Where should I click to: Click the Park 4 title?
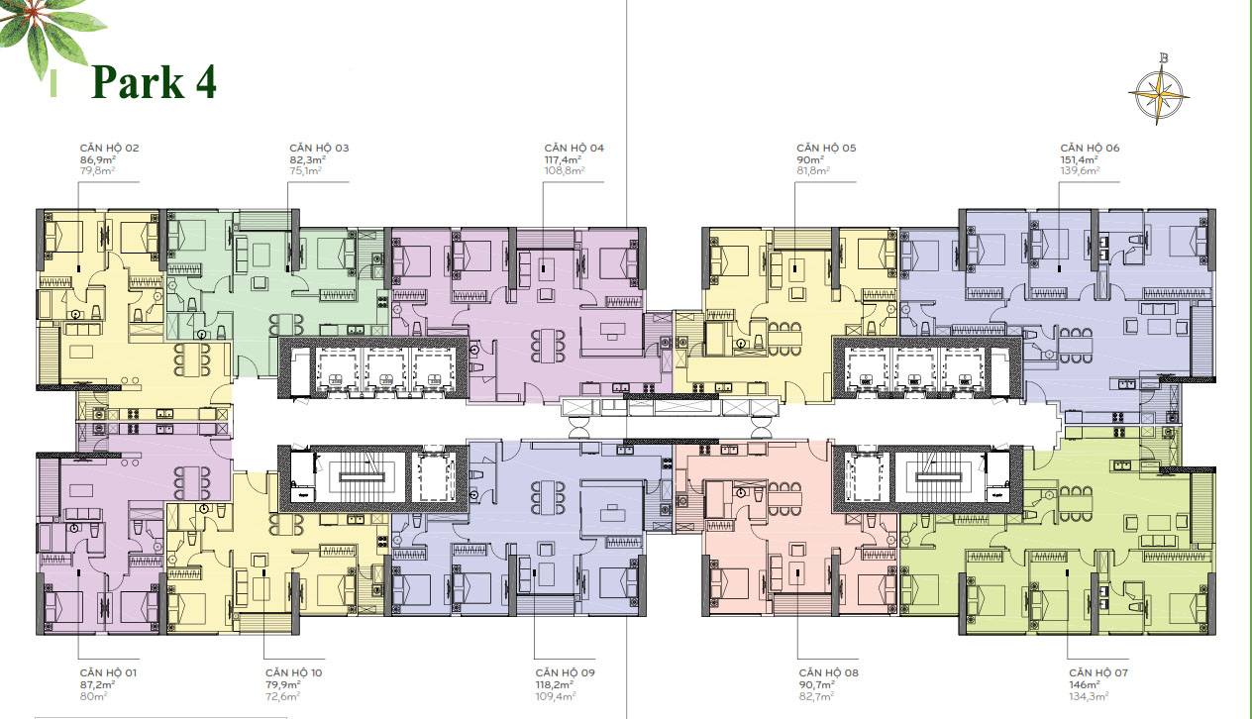click(154, 82)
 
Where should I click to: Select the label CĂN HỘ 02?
click(109, 148)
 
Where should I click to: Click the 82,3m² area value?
click(307, 159)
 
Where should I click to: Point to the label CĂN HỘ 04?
click(574, 148)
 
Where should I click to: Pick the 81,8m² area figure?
click(813, 171)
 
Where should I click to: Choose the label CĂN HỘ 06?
click(1090, 148)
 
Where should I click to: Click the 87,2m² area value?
click(97, 685)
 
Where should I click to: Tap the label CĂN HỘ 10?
click(293, 672)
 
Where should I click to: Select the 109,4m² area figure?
click(556, 696)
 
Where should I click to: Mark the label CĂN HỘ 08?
click(828, 672)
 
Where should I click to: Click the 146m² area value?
click(1085, 685)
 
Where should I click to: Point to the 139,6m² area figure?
click(1080, 171)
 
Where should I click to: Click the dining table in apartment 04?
click(548, 346)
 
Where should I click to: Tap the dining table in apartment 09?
click(548, 498)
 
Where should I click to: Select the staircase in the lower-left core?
click(363, 477)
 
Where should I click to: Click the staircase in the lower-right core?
click(939, 477)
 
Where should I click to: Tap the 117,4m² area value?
click(563, 159)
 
